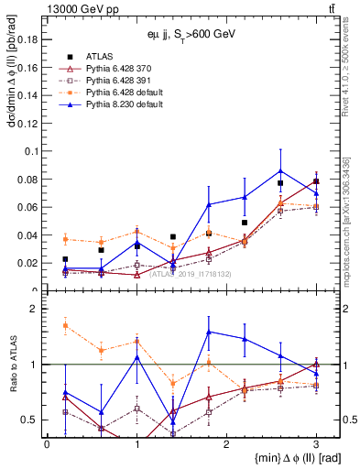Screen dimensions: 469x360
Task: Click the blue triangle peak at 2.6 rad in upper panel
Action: [280, 170]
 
